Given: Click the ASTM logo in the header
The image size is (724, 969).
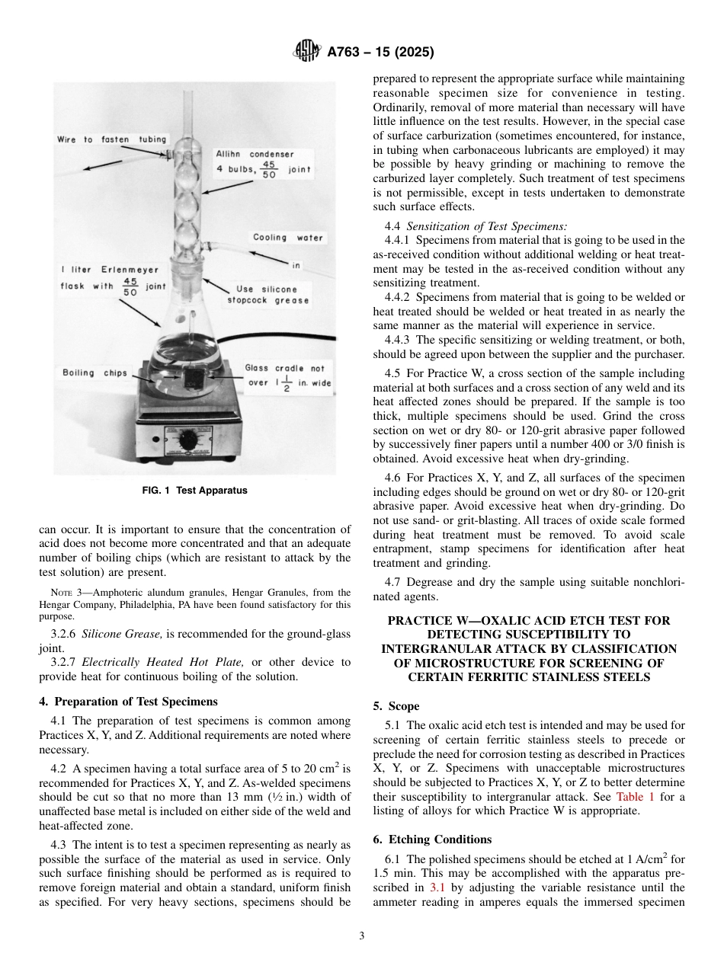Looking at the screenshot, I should pos(306,53).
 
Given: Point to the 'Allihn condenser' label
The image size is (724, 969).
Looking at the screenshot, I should pos(255,154).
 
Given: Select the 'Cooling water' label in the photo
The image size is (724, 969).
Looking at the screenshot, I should pos(288,238).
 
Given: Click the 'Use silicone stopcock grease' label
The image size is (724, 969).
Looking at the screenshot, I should pos(268,295).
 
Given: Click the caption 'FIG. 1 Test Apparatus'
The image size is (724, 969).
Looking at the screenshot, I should pos(195,491).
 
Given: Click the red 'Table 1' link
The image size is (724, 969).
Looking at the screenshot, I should pos(636,797).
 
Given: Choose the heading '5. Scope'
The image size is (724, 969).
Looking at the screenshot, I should pos(396,706).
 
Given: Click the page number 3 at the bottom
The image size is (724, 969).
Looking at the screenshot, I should pos(362,936).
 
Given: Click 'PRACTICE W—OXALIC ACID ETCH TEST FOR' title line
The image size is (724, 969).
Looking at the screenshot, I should pos(528,620).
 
